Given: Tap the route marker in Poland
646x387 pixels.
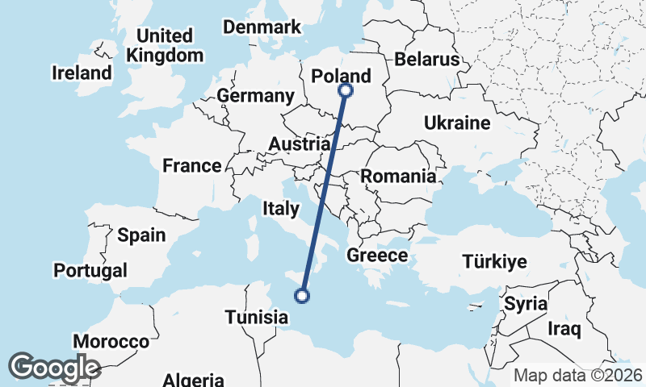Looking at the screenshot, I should tap(346, 90).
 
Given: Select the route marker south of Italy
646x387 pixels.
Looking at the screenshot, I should tap(302, 296).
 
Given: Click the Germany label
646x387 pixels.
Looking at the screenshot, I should tap(255, 96).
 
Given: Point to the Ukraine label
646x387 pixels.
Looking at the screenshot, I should tap(457, 123).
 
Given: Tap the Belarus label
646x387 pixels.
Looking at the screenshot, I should tap(427, 60).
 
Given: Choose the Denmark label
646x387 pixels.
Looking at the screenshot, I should tap(262, 27).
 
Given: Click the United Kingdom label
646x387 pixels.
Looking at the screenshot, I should tap(166, 46).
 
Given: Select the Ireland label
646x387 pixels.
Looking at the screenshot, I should tap(82, 73).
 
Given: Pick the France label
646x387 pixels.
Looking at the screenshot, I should tap(192, 166).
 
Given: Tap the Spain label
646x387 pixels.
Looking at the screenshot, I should tap(141, 235).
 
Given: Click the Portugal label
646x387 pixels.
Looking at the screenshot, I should tap(91, 270).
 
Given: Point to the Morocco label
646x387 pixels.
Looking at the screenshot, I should tap(111, 341).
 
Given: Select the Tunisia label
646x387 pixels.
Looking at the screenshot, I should tap(257, 317).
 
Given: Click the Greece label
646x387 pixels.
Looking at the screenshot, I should tap(377, 256).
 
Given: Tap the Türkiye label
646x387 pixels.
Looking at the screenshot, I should tap(494, 261).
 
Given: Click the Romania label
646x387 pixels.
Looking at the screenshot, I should tap(399, 176).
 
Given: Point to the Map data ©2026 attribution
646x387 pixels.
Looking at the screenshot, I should tap(578, 375).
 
